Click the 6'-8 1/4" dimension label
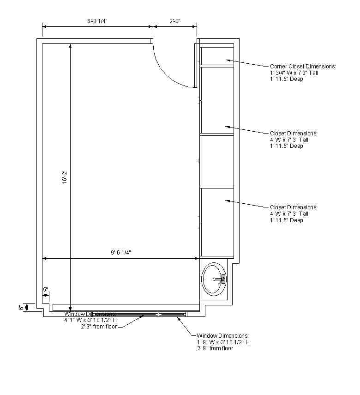97,21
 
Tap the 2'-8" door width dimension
175,21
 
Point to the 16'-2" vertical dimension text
65,177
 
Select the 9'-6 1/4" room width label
121,252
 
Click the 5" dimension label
45,290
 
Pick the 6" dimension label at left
21,308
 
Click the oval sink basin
214,279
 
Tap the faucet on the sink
221,279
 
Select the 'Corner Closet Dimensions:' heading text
303,67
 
